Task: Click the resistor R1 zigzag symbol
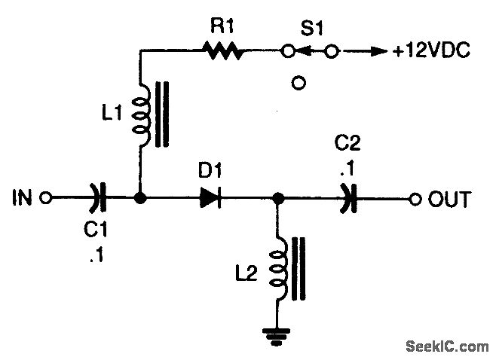point(221,51)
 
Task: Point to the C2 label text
point(346,144)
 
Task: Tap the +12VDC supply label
point(431,51)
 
